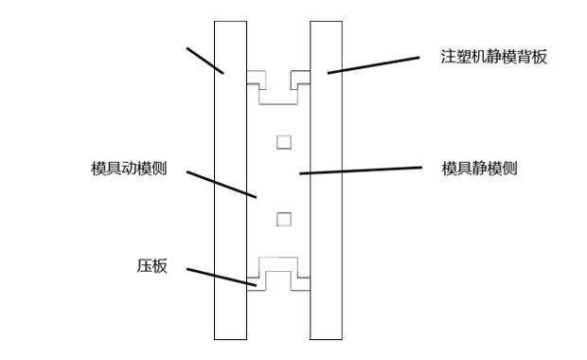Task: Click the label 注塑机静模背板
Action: click(494, 57)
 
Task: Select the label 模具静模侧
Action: click(480, 169)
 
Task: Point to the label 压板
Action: click(151, 266)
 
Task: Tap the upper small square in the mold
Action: click(283, 142)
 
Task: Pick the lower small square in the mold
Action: click(283, 219)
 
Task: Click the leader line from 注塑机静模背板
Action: click(373, 64)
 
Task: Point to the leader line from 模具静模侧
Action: click(360, 171)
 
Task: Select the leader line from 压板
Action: click(220, 277)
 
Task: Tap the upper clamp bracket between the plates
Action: click(279, 87)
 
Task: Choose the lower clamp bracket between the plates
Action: click(279, 276)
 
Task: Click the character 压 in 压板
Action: click(144, 266)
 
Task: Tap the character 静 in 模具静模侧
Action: click(480, 169)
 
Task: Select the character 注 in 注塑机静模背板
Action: click(449, 57)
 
